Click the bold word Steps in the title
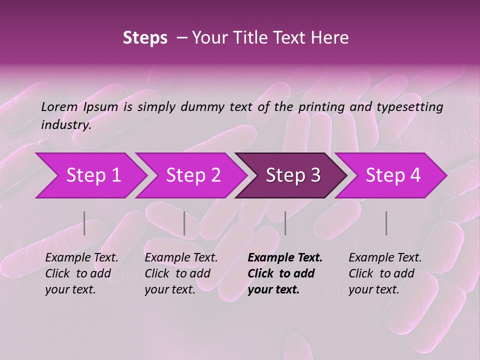coord(145,38)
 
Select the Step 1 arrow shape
coord(90,175)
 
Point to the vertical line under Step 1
coord(84,223)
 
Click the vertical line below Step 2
coord(184,223)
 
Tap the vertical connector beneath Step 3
coord(285,223)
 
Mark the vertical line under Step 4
coord(386,223)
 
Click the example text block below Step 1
coord(81,273)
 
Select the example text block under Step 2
coord(181,273)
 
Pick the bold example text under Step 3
coord(285,273)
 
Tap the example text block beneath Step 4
coord(385,273)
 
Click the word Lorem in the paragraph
coord(59,106)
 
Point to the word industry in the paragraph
coord(66,125)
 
